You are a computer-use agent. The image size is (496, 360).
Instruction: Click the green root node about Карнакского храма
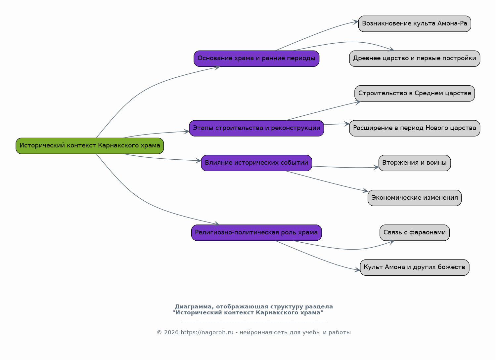pos(90,146)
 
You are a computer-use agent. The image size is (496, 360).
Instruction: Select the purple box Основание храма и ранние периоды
pos(256,59)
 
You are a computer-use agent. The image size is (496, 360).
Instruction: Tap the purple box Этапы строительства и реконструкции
pos(256,128)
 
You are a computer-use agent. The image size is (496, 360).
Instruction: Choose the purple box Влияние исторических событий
pos(256,163)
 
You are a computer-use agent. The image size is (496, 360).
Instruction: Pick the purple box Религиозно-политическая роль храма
pos(256,233)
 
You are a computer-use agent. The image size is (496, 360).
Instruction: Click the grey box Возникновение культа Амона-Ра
pos(415,24)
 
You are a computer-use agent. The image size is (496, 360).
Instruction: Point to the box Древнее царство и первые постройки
pos(415,59)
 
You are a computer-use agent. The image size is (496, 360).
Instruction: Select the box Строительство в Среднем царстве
pos(415,93)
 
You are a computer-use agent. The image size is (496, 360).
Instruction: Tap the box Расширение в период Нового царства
pos(415,128)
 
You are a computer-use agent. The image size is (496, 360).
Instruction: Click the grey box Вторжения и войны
pos(415,163)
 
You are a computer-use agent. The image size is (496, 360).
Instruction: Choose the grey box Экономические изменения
pos(415,198)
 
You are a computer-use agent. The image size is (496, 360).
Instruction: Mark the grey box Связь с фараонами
pos(415,233)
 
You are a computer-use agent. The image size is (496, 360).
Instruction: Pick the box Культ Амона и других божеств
pos(415,267)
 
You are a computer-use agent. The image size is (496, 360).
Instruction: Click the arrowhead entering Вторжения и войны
pos(376,167)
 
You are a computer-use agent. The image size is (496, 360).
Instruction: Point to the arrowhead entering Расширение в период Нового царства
pos(347,124)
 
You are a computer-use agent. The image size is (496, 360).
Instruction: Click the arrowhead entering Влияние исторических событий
pos(199,161)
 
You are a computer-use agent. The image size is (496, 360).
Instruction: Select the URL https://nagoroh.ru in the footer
pos(207,332)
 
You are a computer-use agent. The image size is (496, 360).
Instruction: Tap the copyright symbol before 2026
pos(159,332)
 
